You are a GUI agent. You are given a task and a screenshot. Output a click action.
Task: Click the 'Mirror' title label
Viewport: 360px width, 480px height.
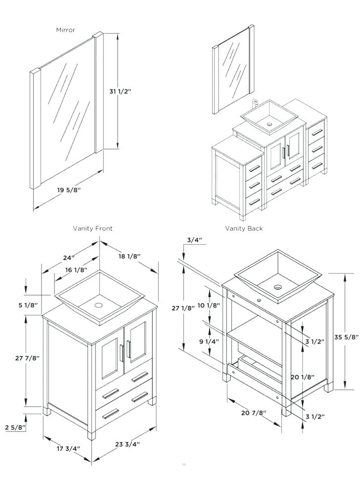coord(65,30)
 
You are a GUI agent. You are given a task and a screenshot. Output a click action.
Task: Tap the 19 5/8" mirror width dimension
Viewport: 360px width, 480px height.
coord(69,190)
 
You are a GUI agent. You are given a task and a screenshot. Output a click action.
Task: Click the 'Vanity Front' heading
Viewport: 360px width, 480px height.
coord(92,228)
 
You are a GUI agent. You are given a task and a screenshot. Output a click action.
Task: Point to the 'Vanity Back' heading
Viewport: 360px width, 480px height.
coord(244,228)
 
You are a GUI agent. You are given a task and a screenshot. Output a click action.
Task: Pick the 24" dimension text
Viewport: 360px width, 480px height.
coord(69,258)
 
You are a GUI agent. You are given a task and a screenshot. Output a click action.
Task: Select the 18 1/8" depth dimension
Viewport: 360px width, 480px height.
coord(130,256)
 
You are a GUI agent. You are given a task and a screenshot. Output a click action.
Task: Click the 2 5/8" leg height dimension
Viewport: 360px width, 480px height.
coord(15,427)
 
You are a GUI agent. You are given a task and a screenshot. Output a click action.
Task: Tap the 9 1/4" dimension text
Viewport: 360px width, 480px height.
coord(209,341)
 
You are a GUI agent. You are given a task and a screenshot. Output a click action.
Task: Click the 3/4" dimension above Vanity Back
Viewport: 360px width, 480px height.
coord(194,240)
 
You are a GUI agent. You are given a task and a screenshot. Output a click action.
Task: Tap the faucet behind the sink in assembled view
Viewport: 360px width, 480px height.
coord(256,104)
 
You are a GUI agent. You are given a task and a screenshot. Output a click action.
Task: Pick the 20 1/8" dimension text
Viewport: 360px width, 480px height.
coord(302,377)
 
